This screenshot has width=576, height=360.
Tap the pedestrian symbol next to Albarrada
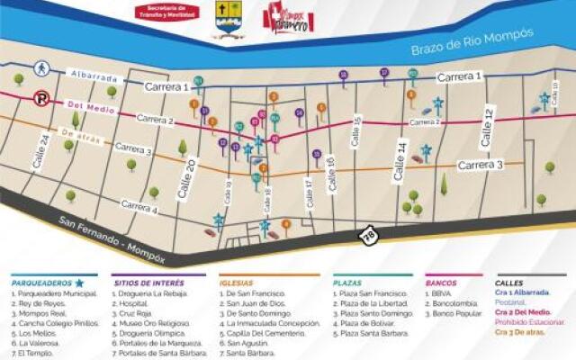click(41, 68)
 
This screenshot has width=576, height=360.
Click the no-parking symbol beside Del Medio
click(41, 99)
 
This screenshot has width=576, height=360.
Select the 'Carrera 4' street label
click(140, 209)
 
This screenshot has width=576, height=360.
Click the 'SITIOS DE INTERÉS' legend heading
click(149, 282)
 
